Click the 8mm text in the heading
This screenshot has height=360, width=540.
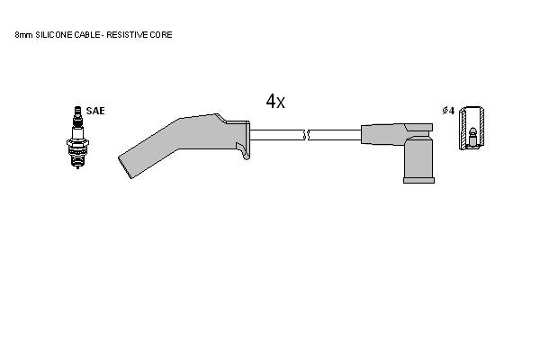[23, 35]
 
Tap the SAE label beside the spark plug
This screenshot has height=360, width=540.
[95, 111]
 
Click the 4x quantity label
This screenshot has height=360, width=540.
[275, 102]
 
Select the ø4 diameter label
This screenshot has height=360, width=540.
[448, 111]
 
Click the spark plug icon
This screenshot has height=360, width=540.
[77, 137]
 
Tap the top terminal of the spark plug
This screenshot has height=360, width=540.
[77, 110]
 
